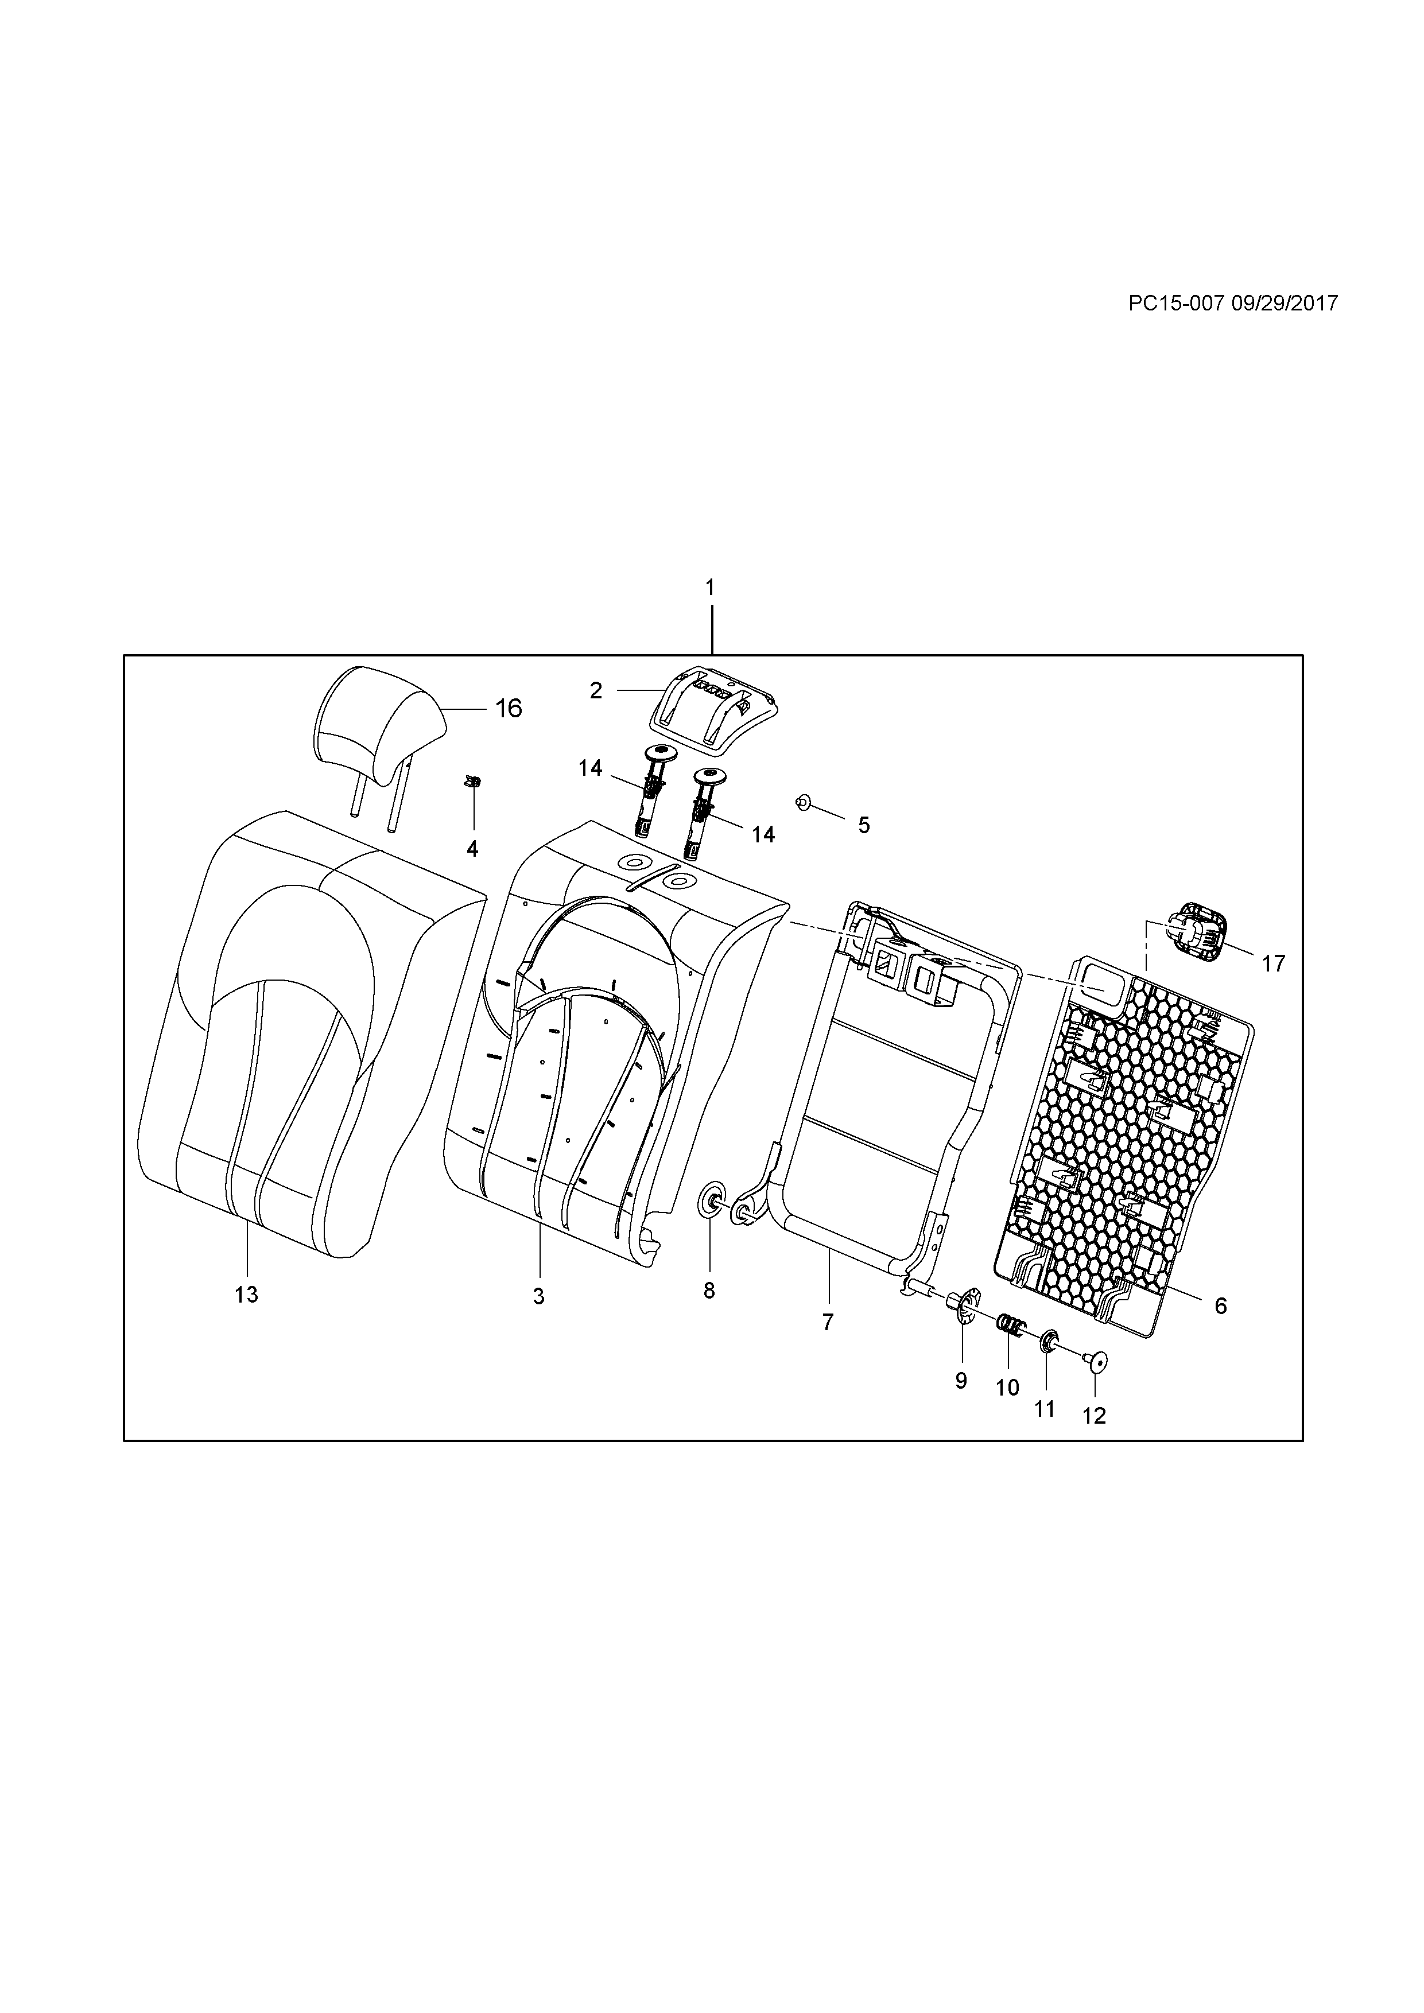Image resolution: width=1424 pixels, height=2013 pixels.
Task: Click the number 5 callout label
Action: coord(864,825)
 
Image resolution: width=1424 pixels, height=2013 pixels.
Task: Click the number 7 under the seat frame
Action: coord(828,1322)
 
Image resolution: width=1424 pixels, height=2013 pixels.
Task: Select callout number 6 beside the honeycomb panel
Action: coord(1221,1307)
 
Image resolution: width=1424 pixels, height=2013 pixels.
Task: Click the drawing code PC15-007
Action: coord(1176,304)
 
